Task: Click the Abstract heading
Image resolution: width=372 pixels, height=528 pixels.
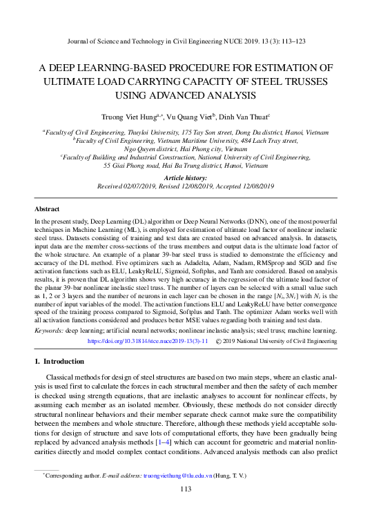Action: click(47, 208)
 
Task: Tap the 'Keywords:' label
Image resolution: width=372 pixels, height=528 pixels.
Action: click(49, 331)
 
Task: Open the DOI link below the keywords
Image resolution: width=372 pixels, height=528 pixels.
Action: click(147, 341)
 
